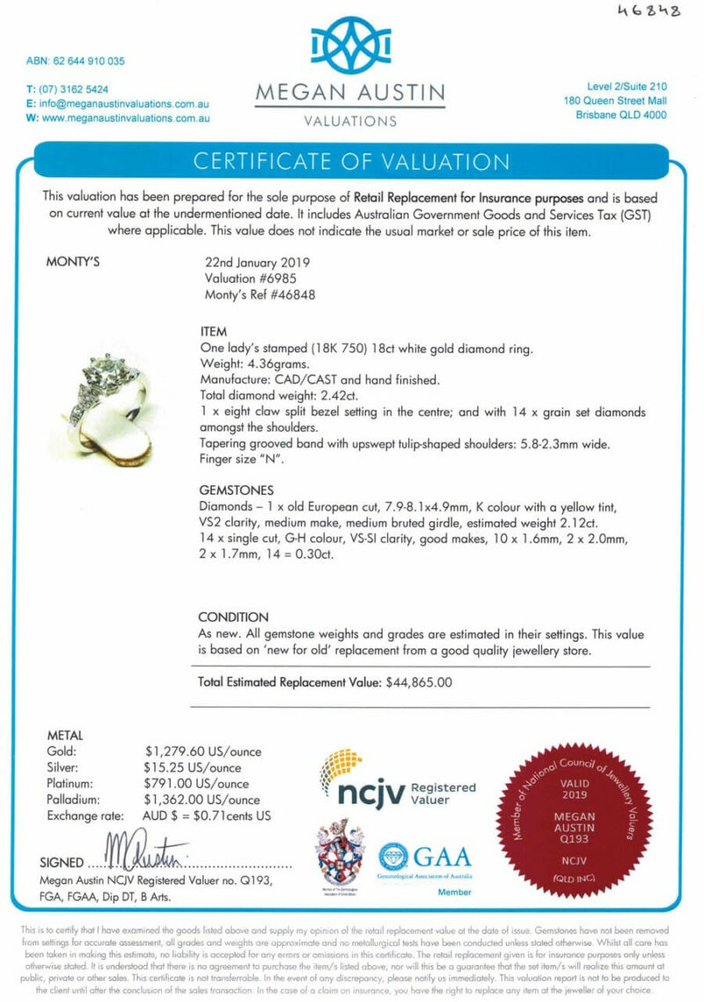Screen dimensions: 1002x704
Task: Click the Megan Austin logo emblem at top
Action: pos(351,45)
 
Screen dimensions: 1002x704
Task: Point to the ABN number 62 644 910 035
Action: pos(76,62)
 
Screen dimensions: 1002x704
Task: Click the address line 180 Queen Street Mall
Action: pos(615,101)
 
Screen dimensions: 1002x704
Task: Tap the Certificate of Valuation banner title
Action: pos(351,162)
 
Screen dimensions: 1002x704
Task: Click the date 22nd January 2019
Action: pos(257,262)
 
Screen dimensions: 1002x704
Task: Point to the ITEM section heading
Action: pos(215,332)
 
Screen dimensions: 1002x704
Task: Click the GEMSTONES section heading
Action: pos(237,490)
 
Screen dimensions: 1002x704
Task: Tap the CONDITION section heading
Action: pos(233,617)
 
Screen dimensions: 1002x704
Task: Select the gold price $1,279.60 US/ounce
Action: pos(203,752)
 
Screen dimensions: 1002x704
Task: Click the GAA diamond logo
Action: pos(394,856)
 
